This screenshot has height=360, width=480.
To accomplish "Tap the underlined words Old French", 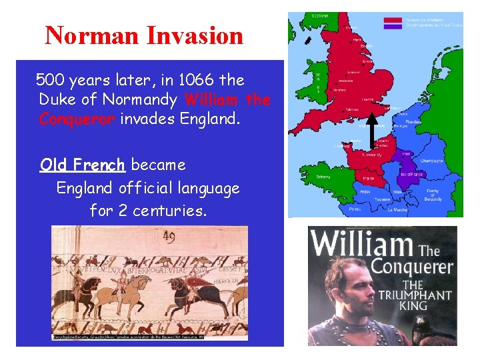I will click(82, 165).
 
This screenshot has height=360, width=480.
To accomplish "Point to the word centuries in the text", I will click(170, 211).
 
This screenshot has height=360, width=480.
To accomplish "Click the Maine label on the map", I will click(367, 179).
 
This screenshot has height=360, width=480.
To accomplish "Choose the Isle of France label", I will click(411, 174).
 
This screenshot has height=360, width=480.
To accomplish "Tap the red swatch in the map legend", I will click(393, 19).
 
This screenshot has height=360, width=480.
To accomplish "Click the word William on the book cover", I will click(361, 244).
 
